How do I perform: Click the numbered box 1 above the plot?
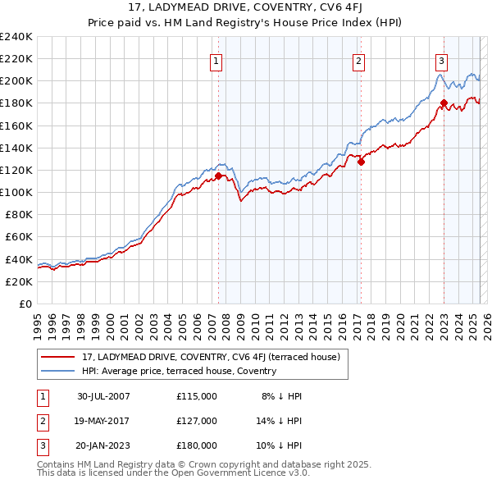pos(216,60)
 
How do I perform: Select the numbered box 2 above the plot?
pos(359,60)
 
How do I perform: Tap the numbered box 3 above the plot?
pos(441,60)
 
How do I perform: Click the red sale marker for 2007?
pos(218,175)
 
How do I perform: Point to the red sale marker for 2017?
pos(361,162)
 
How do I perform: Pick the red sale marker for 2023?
pos(444,103)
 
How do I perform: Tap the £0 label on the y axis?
pos(25,304)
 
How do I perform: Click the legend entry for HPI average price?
pos(179,371)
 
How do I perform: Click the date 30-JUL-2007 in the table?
pos(103,396)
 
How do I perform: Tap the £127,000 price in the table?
pos(196,421)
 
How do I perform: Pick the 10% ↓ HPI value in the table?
pos(281,445)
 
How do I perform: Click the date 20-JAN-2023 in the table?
pos(103,445)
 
